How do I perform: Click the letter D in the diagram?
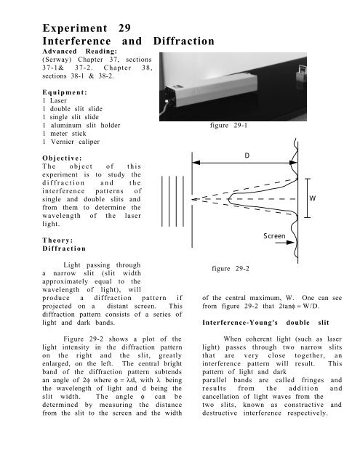pos(247,157)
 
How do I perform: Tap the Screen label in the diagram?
pos(273,236)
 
